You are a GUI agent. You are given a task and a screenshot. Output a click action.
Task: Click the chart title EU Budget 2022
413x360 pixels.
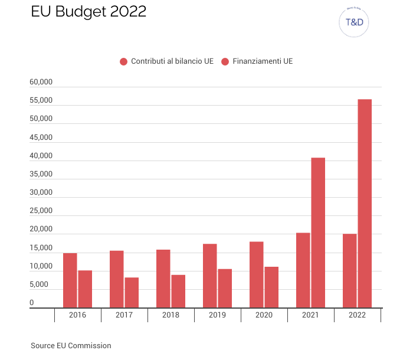[88, 12]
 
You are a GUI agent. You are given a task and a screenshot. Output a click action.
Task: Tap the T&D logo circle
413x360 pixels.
[354, 23]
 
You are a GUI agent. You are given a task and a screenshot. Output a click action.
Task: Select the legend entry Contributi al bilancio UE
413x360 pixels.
[166, 61]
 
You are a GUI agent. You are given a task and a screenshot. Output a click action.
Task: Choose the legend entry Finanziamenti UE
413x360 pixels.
[257, 61]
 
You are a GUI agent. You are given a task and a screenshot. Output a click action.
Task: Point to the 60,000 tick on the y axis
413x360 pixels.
[41, 82]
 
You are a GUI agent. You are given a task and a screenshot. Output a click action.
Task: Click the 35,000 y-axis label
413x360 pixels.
[41, 174]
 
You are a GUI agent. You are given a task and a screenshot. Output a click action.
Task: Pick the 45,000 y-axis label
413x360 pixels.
[41, 138]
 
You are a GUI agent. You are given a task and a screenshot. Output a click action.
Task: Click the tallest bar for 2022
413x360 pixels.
[365, 204]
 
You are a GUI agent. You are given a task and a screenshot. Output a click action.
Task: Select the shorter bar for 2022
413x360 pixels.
[350, 271]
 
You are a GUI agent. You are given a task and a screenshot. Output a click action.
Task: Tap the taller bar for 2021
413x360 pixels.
[318, 233]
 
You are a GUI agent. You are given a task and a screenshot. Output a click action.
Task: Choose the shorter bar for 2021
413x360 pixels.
[303, 270]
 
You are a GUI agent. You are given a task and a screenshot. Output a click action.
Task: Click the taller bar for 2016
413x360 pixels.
[70, 280]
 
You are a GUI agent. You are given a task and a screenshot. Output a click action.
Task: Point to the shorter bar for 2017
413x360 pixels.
[132, 293]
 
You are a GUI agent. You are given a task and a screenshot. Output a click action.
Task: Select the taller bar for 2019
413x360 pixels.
[210, 276]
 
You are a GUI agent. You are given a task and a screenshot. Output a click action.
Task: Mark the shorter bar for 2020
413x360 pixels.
[271, 287]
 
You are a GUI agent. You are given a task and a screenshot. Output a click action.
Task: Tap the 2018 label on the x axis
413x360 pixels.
[171, 315]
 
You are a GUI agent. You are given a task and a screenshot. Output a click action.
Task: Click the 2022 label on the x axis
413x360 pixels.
[357, 315]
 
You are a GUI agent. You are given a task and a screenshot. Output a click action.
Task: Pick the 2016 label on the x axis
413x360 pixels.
[77, 315]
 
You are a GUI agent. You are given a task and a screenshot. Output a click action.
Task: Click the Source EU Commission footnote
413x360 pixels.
[71, 346]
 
